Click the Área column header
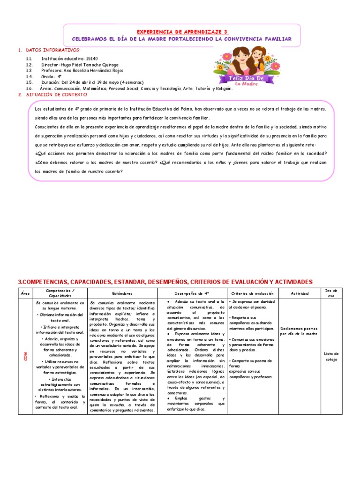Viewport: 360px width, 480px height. point(25,293)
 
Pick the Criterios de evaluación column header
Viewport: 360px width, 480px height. point(252,293)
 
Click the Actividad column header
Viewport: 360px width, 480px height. point(300,293)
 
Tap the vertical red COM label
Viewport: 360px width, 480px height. point(25,356)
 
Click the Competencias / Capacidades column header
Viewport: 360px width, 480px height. point(59,293)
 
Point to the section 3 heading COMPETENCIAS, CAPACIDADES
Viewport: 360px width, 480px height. point(165,282)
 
